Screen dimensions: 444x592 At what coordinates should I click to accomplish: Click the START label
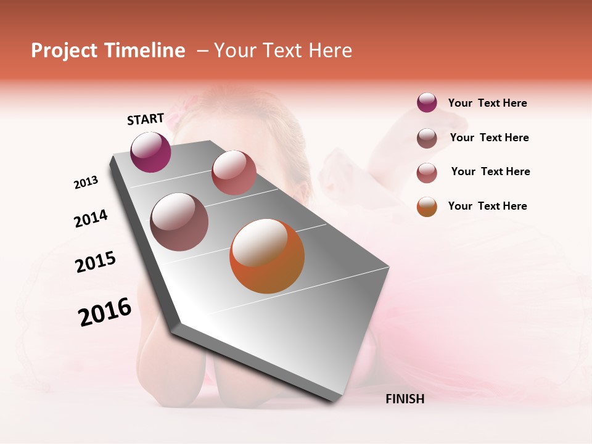click(x=146, y=119)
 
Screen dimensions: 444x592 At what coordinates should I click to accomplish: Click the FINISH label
click(x=405, y=399)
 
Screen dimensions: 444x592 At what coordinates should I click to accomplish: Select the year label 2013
click(x=86, y=183)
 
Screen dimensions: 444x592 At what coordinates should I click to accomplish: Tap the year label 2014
click(x=91, y=218)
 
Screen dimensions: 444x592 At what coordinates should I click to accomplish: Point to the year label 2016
click(x=105, y=312)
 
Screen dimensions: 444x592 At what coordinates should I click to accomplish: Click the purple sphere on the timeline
click(x=150, y=152)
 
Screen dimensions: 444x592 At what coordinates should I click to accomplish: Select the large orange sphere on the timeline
click(x=267, y=256)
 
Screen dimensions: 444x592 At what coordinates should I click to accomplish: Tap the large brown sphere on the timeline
click(x=179, y=221)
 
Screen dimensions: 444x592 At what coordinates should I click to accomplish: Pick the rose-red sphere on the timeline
click(x=234, y=173)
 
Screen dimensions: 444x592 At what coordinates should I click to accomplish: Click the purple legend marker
click(x=427, y=102)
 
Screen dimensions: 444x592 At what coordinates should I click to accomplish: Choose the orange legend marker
click(x=427, y=207)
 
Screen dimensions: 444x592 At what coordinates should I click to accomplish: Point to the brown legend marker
click(x=427, y=138)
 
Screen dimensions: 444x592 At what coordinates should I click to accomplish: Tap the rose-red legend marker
click(x=427, y=173)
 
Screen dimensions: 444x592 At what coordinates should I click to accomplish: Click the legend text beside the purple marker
click(x=487, y=103)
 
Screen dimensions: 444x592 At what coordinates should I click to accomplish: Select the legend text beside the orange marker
click(x=487, y=206)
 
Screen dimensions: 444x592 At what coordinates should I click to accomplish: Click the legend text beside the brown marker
click(x=489, y=138)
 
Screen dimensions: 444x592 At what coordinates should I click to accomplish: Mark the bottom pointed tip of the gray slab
click(x=336, y=401)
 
